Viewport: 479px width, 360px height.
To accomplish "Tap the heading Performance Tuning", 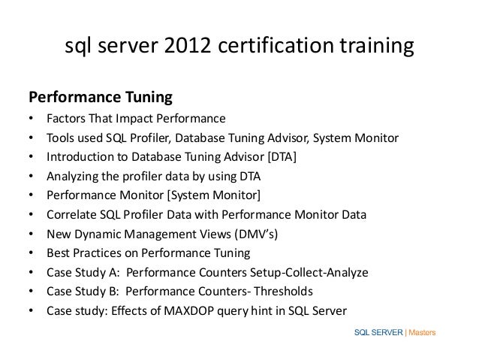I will (100, 98).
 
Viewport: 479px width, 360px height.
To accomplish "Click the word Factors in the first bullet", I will (65, 119).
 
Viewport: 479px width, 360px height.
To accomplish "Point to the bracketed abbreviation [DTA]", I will (280, 157).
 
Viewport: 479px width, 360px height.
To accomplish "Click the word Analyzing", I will (74, 177).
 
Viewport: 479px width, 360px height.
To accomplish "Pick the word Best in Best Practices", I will (58, 253).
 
